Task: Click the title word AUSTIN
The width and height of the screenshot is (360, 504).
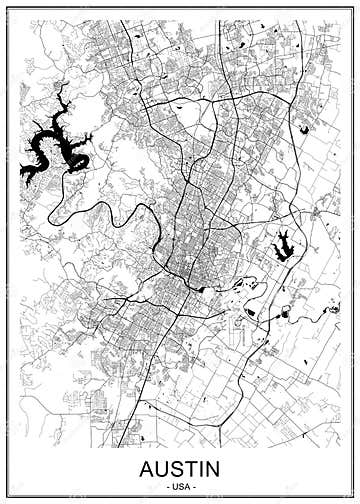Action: [x=180, y=468]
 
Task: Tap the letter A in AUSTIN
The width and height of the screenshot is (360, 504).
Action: [x=149, y=468]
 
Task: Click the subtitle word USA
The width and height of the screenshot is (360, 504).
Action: [x=180, y=485]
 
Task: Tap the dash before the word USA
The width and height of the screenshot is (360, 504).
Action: [x=166, y=485]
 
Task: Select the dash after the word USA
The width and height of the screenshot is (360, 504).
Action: [x=194, y=485]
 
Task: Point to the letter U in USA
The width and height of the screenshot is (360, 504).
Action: [x=174, y=485]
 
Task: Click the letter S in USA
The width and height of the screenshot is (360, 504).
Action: [x=180, y=485]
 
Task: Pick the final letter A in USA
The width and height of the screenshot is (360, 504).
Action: [x=186, y=485]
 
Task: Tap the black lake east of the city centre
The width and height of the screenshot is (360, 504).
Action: [x=281, y=243]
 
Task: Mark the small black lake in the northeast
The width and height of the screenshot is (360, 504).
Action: [x=303, y=128]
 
